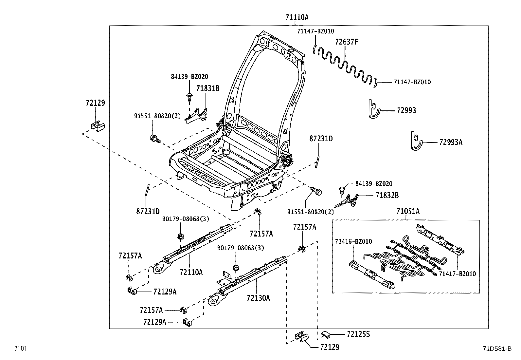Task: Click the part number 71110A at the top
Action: coord(297,17)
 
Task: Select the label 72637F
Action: coord(347,42)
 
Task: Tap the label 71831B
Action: coord(208,88)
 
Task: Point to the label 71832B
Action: coord(387,195)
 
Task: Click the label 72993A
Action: coord(451,142)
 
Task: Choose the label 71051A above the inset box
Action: coord(408,211)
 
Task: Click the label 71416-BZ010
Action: coord(353,241)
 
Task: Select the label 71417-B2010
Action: coord(457,274)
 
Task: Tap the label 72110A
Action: coord(191,272)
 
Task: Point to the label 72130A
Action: coord(258,298)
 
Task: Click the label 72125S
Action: coord(358,334)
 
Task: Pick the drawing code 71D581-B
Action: coord(497,349)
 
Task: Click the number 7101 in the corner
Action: coord(21,348)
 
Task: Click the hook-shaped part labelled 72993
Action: coord(373,109)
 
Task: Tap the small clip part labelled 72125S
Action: coord(326,335)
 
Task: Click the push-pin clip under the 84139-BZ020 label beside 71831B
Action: coord(189,98)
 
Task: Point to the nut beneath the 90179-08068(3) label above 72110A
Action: coord(181,237)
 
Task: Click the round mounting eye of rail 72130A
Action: coord(213,301)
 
